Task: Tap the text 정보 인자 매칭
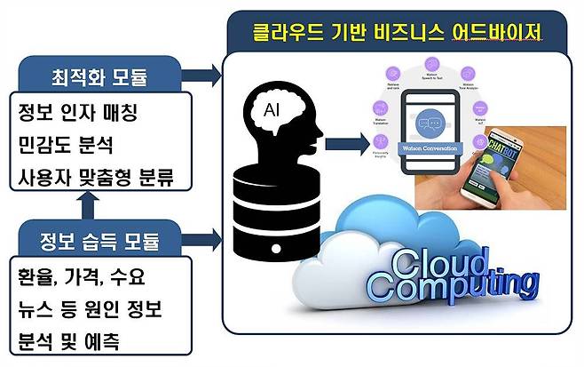point(75,113)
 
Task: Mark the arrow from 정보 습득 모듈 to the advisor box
point(205,238)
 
